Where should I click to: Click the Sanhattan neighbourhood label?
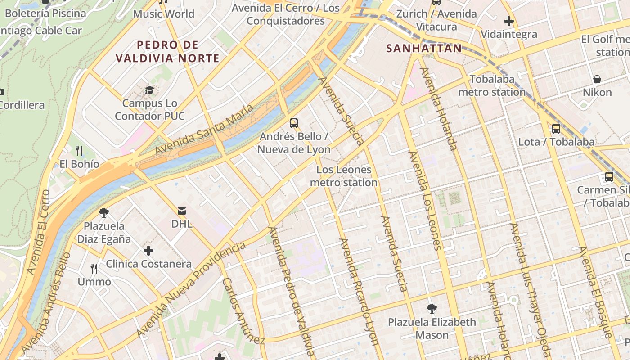coord(424,48)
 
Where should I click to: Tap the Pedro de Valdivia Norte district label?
coord(167,51)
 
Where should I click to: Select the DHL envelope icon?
coord(182,211)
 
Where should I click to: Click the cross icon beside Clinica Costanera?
coord(148,251)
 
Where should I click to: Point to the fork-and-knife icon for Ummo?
coord(94,269)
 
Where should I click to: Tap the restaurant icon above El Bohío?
coord(79,150)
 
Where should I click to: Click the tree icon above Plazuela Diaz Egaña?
coord(104,212)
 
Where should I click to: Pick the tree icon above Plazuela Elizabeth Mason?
coord(432,309)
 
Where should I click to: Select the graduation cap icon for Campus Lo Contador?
coord(149,90)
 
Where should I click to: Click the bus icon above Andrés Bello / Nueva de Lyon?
coord(294,123)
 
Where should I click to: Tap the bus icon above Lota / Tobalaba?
coord(556,129)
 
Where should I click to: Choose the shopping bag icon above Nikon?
coord(597,79)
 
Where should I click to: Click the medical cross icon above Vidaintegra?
coord(509,21)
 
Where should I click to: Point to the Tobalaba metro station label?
coord(492,86)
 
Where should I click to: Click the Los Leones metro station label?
coord(344,176)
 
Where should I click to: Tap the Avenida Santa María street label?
coord(204,130)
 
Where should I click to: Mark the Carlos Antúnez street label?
coord(243,310)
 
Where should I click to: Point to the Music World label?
coord(163,13)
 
